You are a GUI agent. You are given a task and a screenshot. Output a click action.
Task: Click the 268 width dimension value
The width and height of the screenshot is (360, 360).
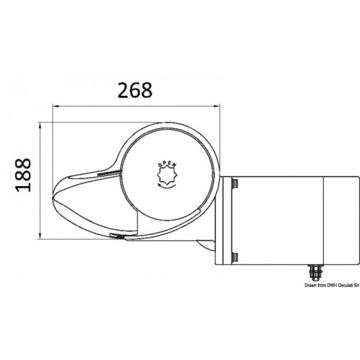point(136,90)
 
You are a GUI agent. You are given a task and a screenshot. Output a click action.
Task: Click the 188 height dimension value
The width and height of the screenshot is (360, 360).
point(22,175)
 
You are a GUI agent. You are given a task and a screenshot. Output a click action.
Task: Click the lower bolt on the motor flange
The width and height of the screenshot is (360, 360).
point(235,257)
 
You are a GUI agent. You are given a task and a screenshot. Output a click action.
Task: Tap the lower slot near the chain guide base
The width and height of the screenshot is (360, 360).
point(116,236)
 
